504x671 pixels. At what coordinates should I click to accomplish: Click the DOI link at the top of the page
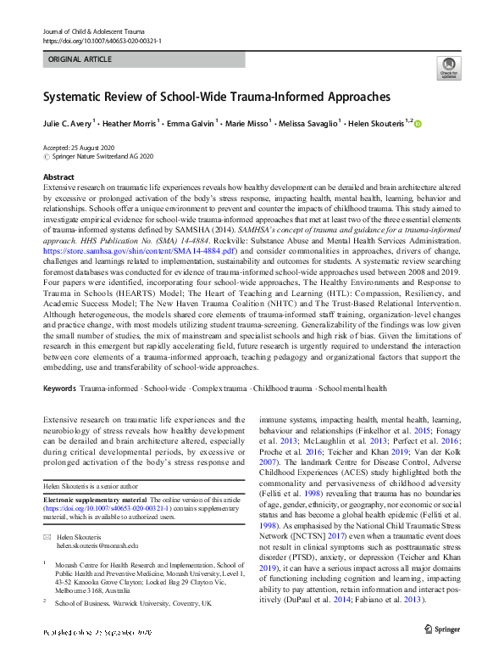(102, 40)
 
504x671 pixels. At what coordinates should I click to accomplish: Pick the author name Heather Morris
(130, 124)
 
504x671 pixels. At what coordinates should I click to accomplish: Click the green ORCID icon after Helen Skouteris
(418, 125)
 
